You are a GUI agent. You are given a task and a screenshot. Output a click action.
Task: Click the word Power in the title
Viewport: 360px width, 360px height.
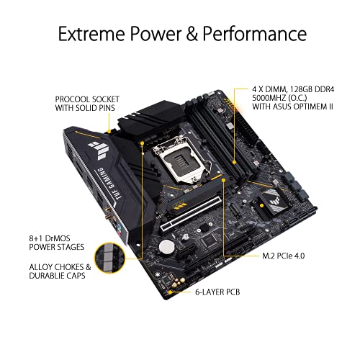tap(156, 34)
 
